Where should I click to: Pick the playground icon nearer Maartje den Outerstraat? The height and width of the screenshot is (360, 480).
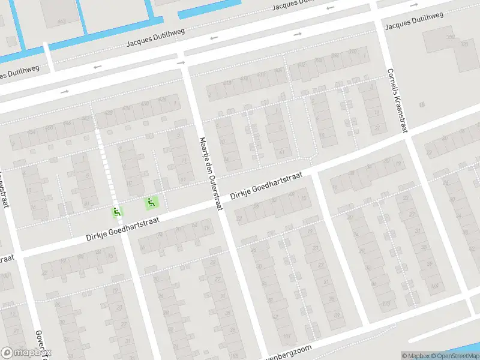click(152, 203)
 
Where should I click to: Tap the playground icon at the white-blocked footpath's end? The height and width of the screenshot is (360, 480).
click(117, 211)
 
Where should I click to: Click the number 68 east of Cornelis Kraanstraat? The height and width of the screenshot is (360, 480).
click(422, 104)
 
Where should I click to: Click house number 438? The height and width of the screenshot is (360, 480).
click(109, 112)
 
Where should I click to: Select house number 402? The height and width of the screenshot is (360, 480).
click(302, 64)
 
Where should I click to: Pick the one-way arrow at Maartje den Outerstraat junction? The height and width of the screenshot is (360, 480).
click(181, 62)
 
